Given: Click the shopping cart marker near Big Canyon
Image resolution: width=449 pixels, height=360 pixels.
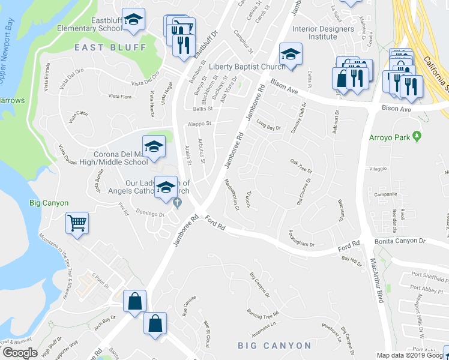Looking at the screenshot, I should [77, 223].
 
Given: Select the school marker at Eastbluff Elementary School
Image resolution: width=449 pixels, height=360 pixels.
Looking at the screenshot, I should [133, 19].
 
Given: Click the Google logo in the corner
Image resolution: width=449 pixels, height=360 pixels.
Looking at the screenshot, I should [20, 352].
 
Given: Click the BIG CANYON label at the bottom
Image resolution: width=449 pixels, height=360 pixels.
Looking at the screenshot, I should [274, 346].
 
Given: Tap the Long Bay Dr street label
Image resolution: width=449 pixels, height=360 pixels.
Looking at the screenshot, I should [268, 127].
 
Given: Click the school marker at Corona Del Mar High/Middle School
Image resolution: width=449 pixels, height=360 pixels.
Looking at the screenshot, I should [154, 146].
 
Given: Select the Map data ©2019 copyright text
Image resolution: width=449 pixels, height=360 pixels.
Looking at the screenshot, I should [412, 355].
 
